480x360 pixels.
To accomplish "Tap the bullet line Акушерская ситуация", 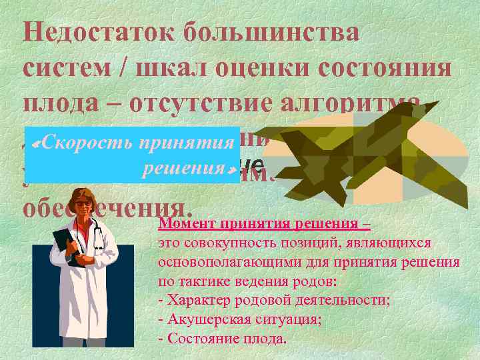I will pos(241,319).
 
